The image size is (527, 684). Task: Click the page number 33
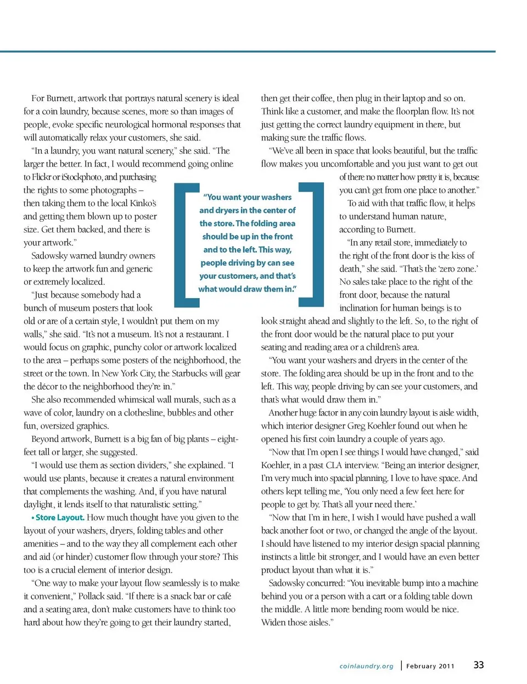coord(479,665)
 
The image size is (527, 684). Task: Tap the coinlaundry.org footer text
coord(366,666)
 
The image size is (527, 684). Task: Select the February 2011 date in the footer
coord(430,666)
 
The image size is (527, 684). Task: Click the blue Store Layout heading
coord(59,517)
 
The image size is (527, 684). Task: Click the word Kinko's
coord(143,203)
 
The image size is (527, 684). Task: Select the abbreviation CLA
coord(334,465)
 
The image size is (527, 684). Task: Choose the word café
coord(224,596)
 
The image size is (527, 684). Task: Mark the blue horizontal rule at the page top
coord(247,52)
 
